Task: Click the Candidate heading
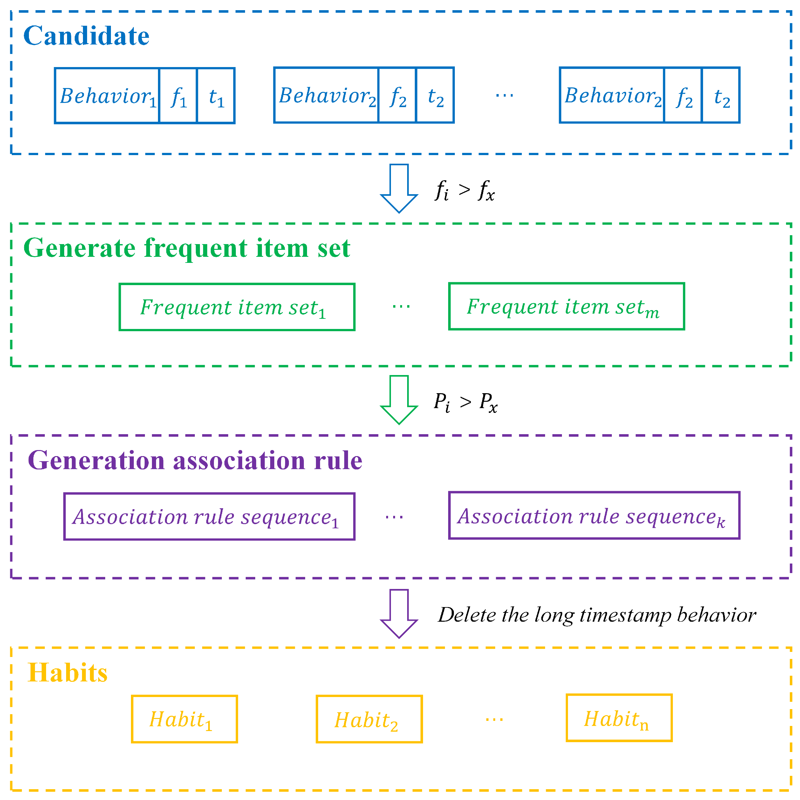tap(86, 36)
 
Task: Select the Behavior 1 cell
tap(107, 96)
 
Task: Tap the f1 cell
tap(178, 96)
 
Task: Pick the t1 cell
tap(216, 96)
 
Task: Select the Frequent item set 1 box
tap(237, 307)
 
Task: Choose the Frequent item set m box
tap(566, 306)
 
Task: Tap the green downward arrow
tap(399, 399)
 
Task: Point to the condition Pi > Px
tap(465, 402)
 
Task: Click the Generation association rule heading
tap(195, 461)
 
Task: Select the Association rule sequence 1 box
tap(209, 516)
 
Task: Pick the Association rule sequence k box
tap(594, 516)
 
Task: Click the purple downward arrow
tap(399, 613)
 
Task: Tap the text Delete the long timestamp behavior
tap(596, 615)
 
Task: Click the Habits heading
tap(67, 673)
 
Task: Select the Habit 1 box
tap(184, 719)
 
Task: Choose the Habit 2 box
tap(369, 719)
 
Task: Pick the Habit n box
tap(619, 718)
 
